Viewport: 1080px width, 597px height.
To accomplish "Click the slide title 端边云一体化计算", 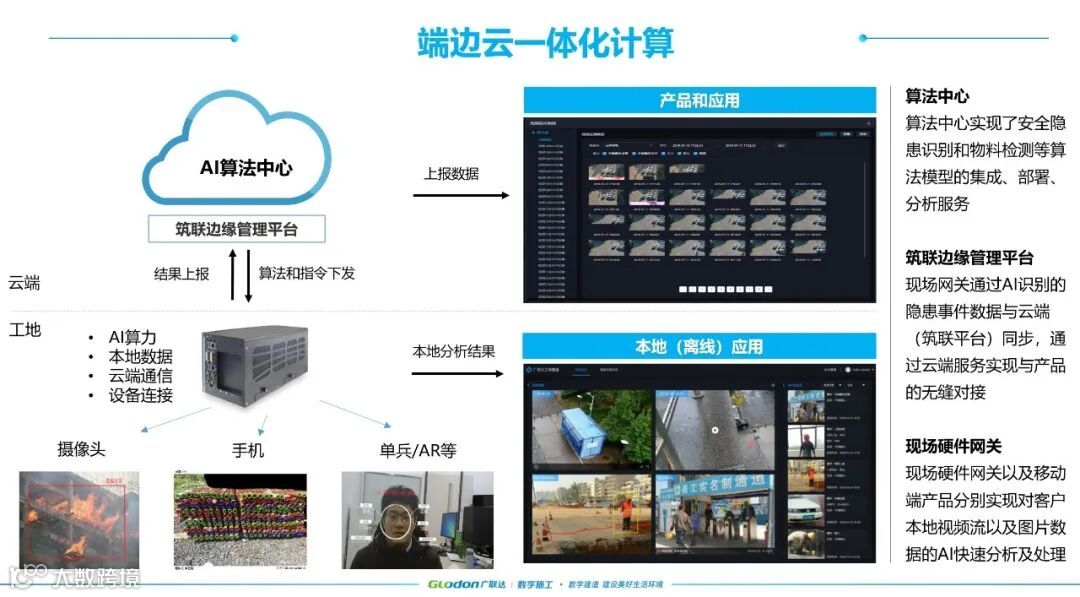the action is point(545,42).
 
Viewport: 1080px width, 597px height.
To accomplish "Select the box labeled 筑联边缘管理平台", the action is point(236,229).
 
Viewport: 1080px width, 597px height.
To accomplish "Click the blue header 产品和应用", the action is point(699,100).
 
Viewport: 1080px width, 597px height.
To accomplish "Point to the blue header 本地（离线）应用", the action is point(699,347).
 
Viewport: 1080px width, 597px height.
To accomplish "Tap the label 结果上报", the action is point(182,273).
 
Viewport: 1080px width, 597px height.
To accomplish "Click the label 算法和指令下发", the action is point(307,273).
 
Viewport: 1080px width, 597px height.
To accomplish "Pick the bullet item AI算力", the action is point(132,338).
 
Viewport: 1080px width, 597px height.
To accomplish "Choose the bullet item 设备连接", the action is point(140,395).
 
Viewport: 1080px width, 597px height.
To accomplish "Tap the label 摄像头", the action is point(81,450).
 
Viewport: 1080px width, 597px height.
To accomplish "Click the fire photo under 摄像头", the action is point(80,519).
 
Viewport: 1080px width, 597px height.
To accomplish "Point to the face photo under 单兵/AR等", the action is point(416,520).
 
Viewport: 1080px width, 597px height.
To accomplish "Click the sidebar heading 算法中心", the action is point(937,97).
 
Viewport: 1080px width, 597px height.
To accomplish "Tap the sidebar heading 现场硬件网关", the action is point(953,446).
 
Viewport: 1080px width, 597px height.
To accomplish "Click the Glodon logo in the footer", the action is point(460,584).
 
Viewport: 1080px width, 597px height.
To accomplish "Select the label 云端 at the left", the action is point(24,283).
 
